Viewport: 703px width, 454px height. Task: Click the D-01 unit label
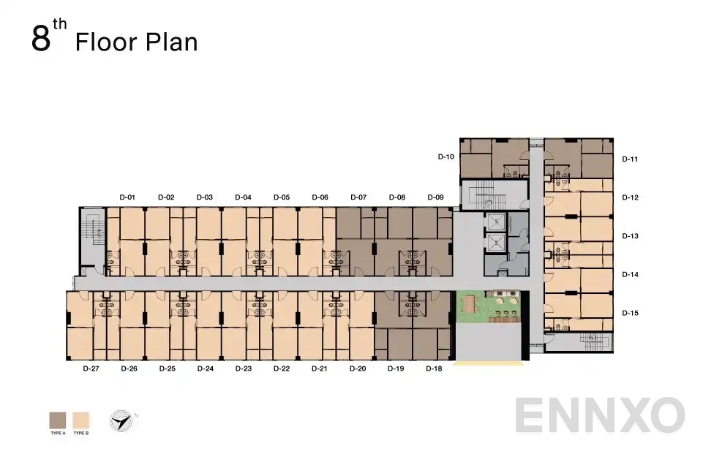[128, 197]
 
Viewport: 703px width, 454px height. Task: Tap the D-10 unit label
[446, 156]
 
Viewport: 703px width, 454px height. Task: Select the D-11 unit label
[630, 159]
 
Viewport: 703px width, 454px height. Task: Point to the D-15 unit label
[630, 313]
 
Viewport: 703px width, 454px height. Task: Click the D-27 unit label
[91, 369]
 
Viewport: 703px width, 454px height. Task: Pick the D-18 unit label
[434, 369]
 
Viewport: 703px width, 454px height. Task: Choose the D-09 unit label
[435, 197]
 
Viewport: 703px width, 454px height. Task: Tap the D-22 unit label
[281, 369]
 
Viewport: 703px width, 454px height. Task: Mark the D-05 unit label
[282, 197]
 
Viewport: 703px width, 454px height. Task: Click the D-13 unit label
[630, 236]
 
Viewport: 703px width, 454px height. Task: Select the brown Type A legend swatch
[58, 420]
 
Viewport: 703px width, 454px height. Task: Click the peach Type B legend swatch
[80, 420]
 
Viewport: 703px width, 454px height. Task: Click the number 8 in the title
[40, 39]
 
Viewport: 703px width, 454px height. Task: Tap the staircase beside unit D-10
[482, 194]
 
